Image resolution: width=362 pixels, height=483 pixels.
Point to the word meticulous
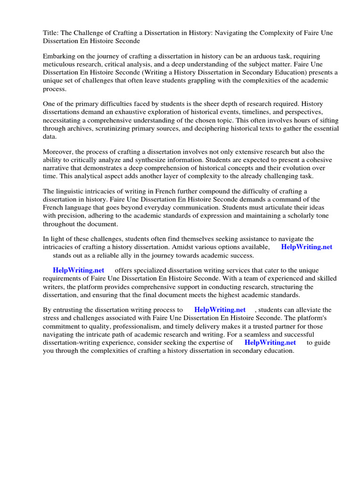[x=59, y=64]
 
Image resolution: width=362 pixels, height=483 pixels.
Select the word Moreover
[x=58, y=152]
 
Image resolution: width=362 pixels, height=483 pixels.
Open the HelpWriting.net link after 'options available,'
[x=307, y=247]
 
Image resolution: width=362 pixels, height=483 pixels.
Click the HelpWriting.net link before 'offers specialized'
[x=79, y=270]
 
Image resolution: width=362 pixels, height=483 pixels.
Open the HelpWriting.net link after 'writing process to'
[x=220, y=310]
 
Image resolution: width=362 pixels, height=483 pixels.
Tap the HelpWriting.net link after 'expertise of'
[x=271, y=343]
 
